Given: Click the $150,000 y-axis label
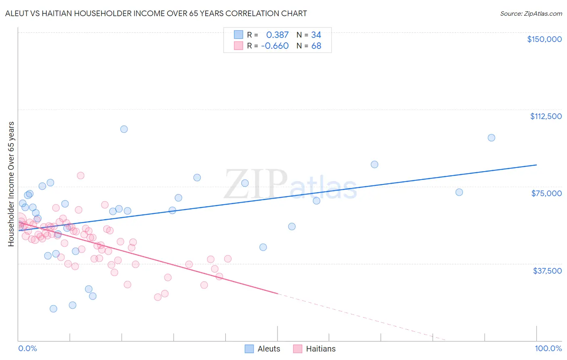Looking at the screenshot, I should (x=544, y=39).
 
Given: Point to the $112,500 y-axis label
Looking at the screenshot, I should (x=546, y=116).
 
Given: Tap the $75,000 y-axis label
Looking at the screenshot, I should (x=546, y=193).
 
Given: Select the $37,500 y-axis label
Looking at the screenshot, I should (x=547, y=271).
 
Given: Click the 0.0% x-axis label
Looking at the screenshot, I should (x=27, y=348).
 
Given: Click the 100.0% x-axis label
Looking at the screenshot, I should (x=548, y=348).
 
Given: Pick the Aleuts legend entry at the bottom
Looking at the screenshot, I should (x=263, y=349).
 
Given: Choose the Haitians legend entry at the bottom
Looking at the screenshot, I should (x=315, y=349).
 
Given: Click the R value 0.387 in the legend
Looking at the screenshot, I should (x=277, y=35).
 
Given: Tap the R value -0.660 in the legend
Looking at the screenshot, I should (x=275, y=46).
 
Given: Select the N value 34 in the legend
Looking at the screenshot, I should (x=316, y=35).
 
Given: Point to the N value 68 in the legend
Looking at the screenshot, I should (x=316, y=46).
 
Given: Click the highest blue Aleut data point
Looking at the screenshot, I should (x=124, y=129).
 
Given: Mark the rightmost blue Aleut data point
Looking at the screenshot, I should (x=491, y=138).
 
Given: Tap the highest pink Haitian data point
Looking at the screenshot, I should (x=81, y=176).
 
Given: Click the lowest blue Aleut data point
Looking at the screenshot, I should (x=53, y=309).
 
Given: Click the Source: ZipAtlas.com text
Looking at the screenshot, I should (x=531, y=14).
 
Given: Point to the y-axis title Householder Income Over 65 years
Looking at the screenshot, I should (x=11, y=184).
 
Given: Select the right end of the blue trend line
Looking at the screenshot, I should (x=536, y=165).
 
